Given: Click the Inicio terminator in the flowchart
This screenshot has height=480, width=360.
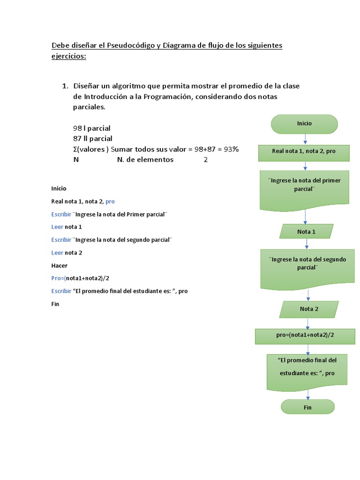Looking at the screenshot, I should click(304, 123).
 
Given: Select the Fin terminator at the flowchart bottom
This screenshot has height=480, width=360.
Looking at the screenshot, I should click(307, 407).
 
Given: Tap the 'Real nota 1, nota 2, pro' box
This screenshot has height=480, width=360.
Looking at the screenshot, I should click(304, 152).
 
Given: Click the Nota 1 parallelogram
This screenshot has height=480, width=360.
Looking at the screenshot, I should click(307, 232).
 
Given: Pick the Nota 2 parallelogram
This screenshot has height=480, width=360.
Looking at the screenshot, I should click(309, 309).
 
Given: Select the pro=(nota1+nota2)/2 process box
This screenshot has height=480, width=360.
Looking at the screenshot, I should click(305, 336).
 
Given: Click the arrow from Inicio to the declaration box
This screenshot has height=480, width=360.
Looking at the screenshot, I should click(306, 139).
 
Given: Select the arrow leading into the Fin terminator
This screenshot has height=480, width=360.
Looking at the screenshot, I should click(307, 395).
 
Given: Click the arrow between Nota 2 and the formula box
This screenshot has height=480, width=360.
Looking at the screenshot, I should click(308, 323).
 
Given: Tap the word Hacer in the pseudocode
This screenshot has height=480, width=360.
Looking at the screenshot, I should click(59, 265).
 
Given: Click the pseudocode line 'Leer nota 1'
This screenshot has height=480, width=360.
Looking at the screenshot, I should click(67, 227).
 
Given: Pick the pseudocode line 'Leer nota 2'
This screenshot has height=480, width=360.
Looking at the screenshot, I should click(67, 253).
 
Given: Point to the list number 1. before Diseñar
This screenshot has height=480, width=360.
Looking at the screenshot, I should click(65, 86).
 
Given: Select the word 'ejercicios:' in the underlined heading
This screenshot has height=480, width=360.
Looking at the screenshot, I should click(69, 56).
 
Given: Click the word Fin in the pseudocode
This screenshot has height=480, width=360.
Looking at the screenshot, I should click(55, 304).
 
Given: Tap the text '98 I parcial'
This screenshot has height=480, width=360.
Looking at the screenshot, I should click(92, 128).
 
